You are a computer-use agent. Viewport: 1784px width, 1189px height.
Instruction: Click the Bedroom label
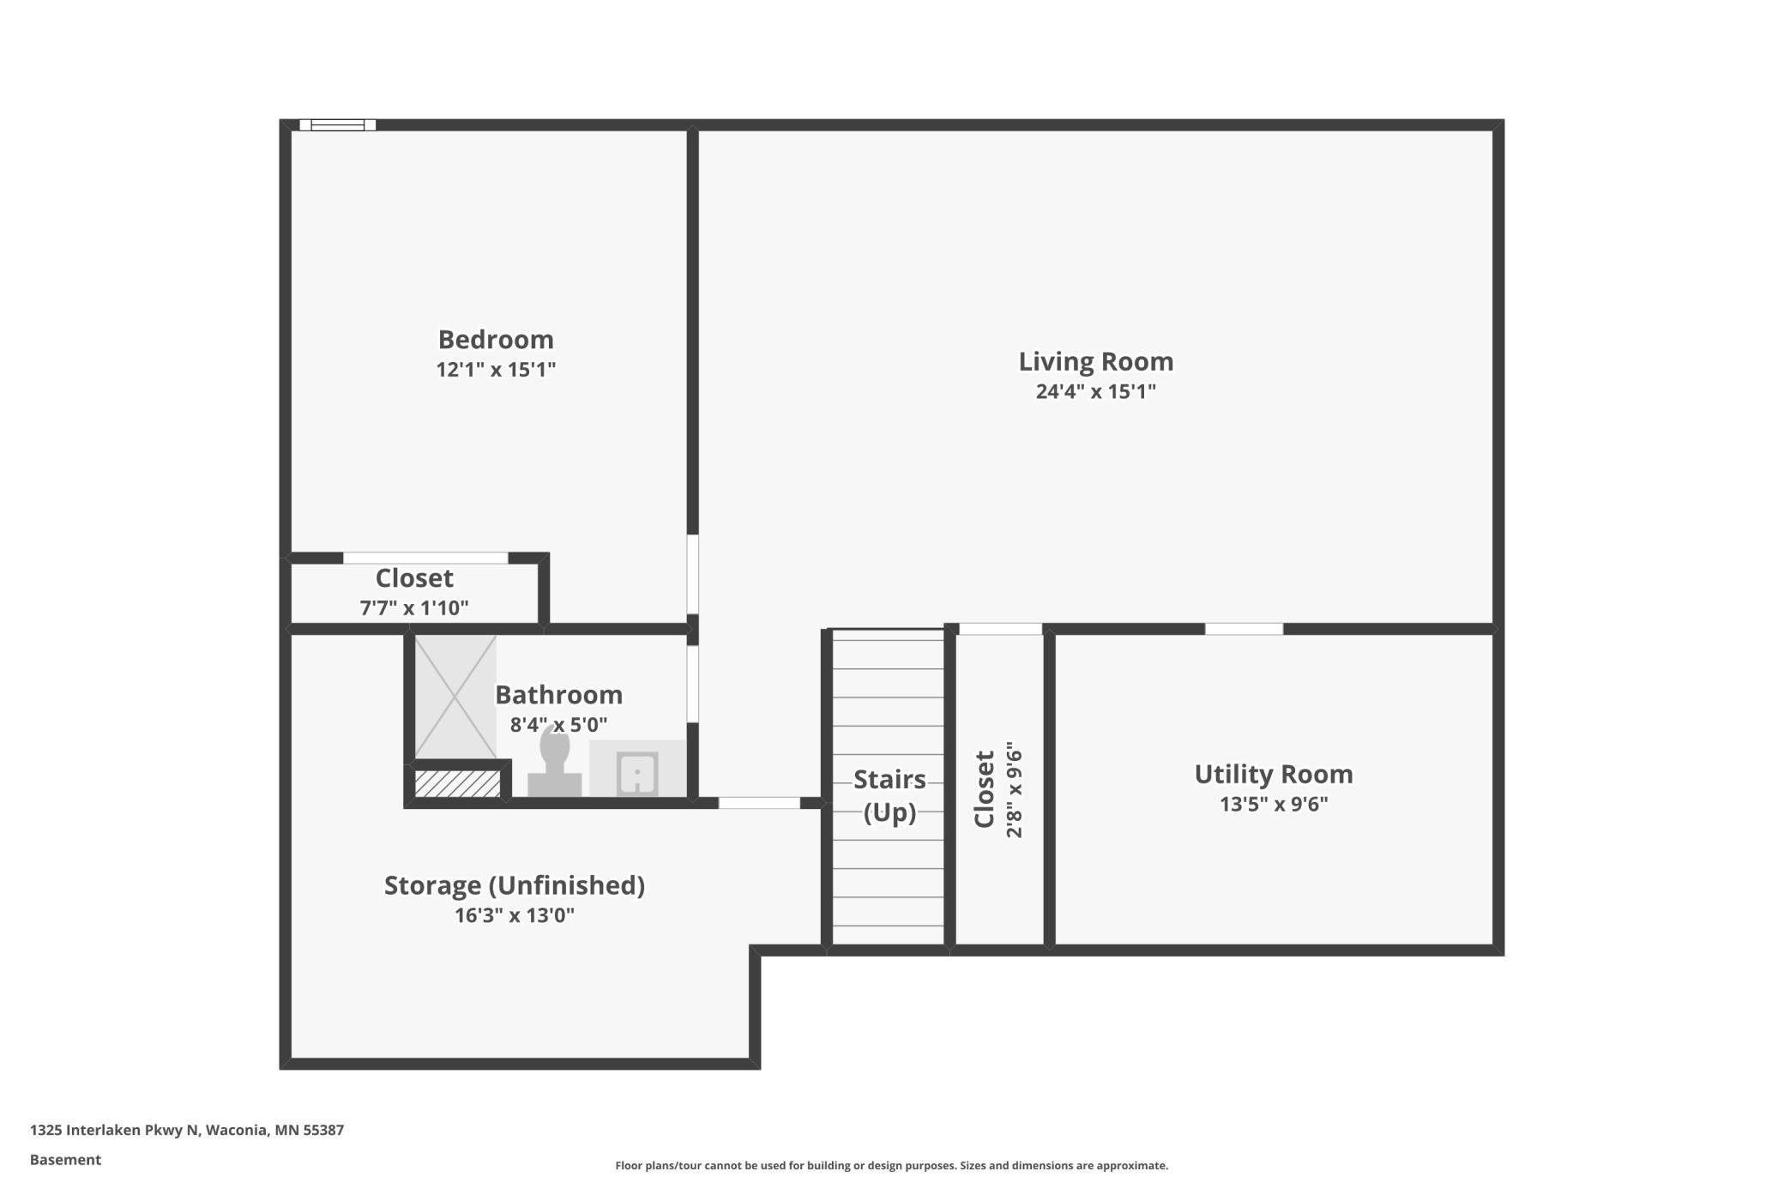point(496,340)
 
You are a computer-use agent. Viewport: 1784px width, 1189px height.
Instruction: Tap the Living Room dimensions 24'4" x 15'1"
point(1095,392)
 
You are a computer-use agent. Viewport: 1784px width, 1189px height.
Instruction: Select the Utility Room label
point(1273,775)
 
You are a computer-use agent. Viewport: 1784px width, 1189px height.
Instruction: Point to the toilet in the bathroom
point(554,764)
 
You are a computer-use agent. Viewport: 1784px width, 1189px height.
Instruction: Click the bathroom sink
point(637,772)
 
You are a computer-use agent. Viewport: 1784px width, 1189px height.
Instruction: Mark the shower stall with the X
point(455,697)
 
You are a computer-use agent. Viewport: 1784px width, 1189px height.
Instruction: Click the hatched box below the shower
point(457,783)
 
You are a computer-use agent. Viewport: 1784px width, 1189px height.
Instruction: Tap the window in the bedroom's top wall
point(338,125)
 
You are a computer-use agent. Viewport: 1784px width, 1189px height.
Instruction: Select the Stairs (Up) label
point(889,795)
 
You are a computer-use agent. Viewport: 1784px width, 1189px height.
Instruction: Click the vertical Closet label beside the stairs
point(985,789)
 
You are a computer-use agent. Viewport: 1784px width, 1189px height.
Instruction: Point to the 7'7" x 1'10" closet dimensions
point(413,608)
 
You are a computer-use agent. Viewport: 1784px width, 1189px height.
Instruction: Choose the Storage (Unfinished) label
point(514,885)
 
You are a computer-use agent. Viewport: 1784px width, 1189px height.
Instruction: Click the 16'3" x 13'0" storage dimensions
point(514,915)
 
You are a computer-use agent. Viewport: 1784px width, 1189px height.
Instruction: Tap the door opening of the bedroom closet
point(425,558)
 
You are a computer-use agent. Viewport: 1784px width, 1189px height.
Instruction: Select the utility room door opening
point(1244,629)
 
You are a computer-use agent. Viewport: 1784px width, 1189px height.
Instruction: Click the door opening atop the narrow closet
point(1000,629)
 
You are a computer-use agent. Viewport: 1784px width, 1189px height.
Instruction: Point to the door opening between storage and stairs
point(759,803)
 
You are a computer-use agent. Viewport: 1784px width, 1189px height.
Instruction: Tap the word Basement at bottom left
point(65,1160)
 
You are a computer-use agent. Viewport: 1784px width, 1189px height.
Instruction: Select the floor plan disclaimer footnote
point(891,1165)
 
